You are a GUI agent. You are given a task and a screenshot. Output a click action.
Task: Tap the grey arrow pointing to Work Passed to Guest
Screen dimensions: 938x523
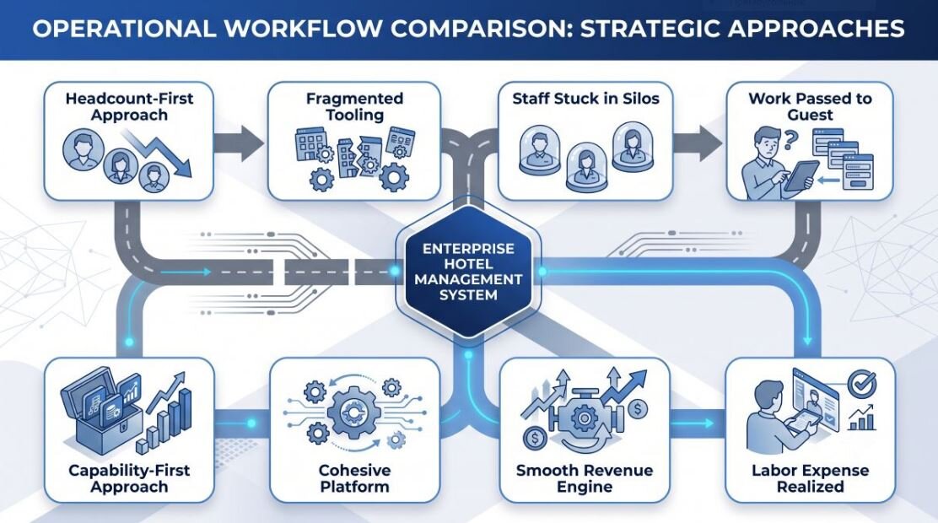click(698, 143)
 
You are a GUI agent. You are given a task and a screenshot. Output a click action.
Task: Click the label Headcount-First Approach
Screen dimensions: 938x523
click(129, 106)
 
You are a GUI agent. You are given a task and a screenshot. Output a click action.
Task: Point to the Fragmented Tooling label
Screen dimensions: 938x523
click(354, 106)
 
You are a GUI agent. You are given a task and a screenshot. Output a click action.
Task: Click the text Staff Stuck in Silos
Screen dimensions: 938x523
click(585, 99)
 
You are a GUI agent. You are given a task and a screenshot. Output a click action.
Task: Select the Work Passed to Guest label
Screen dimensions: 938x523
click(810, 106)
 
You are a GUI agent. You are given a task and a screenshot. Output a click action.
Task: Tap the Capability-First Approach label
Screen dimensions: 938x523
click(129, 478)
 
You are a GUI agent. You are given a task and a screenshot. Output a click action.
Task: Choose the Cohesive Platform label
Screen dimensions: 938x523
click(355, 478)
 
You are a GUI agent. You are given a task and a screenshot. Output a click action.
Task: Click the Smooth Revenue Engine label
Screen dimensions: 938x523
click(585, 478)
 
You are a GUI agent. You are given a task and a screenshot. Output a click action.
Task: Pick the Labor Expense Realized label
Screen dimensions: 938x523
click(810, 478)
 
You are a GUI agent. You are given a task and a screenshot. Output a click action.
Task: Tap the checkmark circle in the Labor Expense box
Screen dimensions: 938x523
click(862, 384)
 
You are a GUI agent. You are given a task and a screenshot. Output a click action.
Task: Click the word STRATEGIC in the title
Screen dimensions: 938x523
click(648, 29)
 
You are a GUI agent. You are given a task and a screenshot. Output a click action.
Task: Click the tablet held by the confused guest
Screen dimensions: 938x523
click(801, 175)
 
